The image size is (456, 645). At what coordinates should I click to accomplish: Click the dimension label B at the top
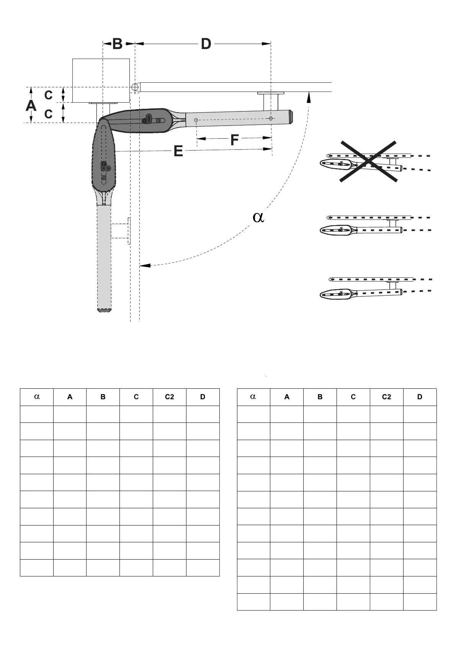[x=118, y=44]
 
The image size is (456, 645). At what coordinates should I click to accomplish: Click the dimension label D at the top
[x=206, y=44]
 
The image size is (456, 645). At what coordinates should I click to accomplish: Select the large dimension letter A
[x=31, y=105]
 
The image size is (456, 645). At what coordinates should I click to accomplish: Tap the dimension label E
[x=178, y=151]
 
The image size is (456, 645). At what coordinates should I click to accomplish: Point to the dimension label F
[x=235, y=140]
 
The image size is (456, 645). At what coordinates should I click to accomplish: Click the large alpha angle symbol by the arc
[x=259, y=217]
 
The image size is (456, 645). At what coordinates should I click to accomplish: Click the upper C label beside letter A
[x=48, y=95]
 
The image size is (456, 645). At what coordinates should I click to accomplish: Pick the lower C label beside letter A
[x=48, y=114]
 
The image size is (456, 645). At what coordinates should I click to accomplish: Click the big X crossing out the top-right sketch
[x=368, y=161]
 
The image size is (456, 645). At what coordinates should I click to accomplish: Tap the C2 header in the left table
[x=169, y=397]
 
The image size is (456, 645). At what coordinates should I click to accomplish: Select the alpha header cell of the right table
[x=253, y=397]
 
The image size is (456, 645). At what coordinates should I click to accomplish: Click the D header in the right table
[x=420, y=397]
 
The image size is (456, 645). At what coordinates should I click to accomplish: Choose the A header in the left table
[x=70, y=397]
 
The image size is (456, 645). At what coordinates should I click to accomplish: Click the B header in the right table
[x=320, y=397]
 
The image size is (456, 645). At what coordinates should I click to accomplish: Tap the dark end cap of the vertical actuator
[x=105, y=309]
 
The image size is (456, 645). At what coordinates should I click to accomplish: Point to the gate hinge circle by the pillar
[x=135, y=87]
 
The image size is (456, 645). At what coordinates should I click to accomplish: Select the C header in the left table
[x=136, y=397]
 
